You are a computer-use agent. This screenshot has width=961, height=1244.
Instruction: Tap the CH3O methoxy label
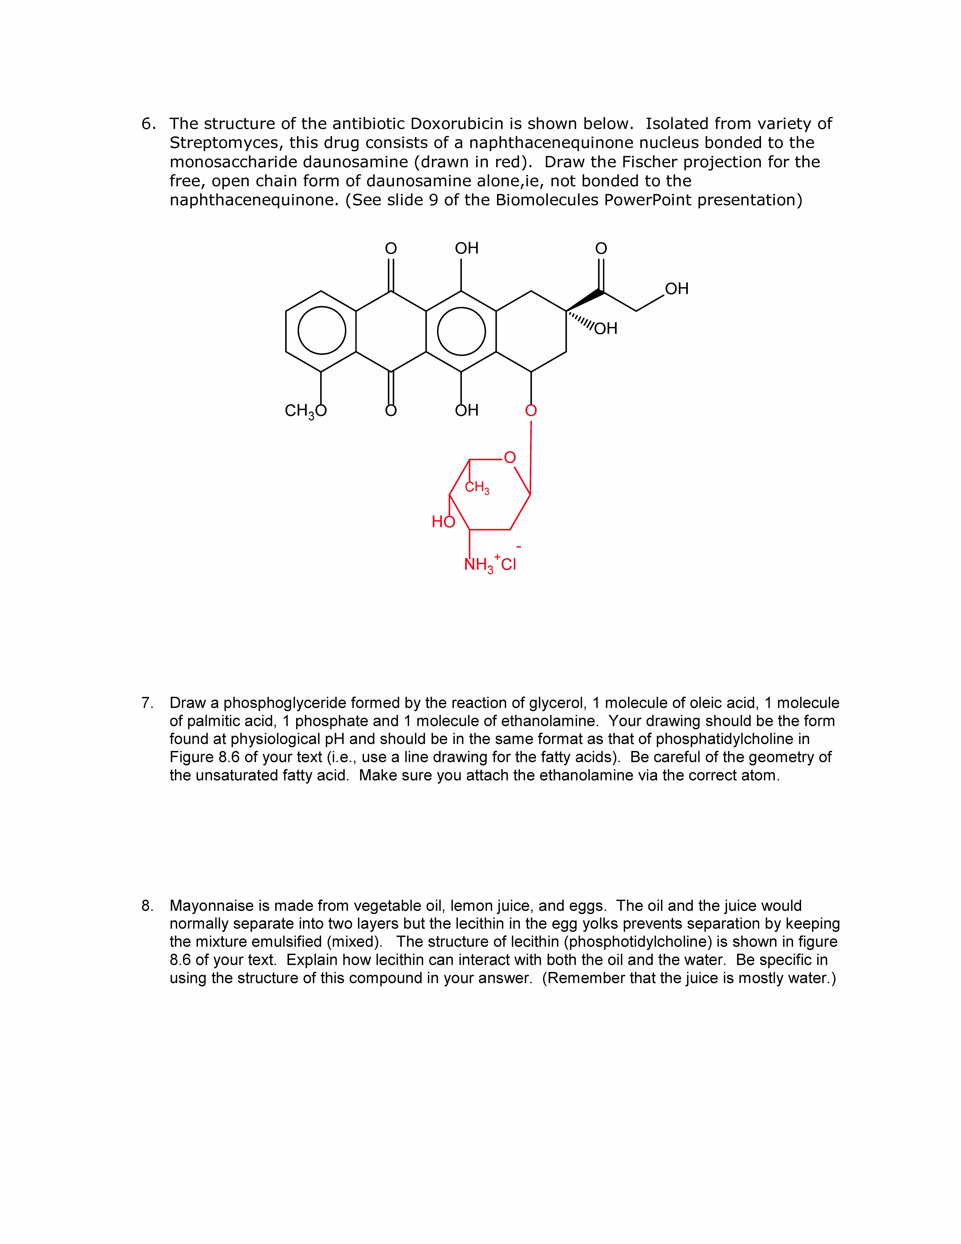[x=306, y=411]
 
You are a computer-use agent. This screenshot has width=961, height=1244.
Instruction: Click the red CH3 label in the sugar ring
[x=477, y=488]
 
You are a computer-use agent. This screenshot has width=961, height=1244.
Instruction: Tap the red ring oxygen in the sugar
[x=510, y=457]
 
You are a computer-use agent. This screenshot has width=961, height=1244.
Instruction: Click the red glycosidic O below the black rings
[x=531, y=411]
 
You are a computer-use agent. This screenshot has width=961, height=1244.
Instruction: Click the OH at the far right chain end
[x=676, y=289]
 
